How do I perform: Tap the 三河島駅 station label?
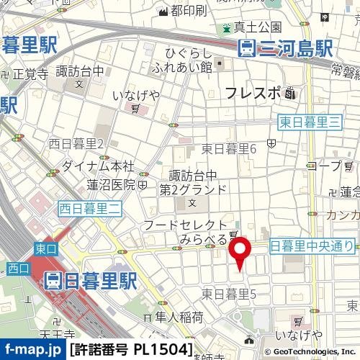pos(287,49)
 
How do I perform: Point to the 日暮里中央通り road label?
pos(312,246)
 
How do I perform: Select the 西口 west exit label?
pos(17,269)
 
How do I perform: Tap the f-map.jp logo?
pos(32,351)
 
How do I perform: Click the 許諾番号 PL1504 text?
pos(131,351)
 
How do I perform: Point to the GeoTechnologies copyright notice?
pos(311,351)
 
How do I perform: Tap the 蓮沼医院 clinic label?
pos(111,184)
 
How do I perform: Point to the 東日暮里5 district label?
pos(229,294)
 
